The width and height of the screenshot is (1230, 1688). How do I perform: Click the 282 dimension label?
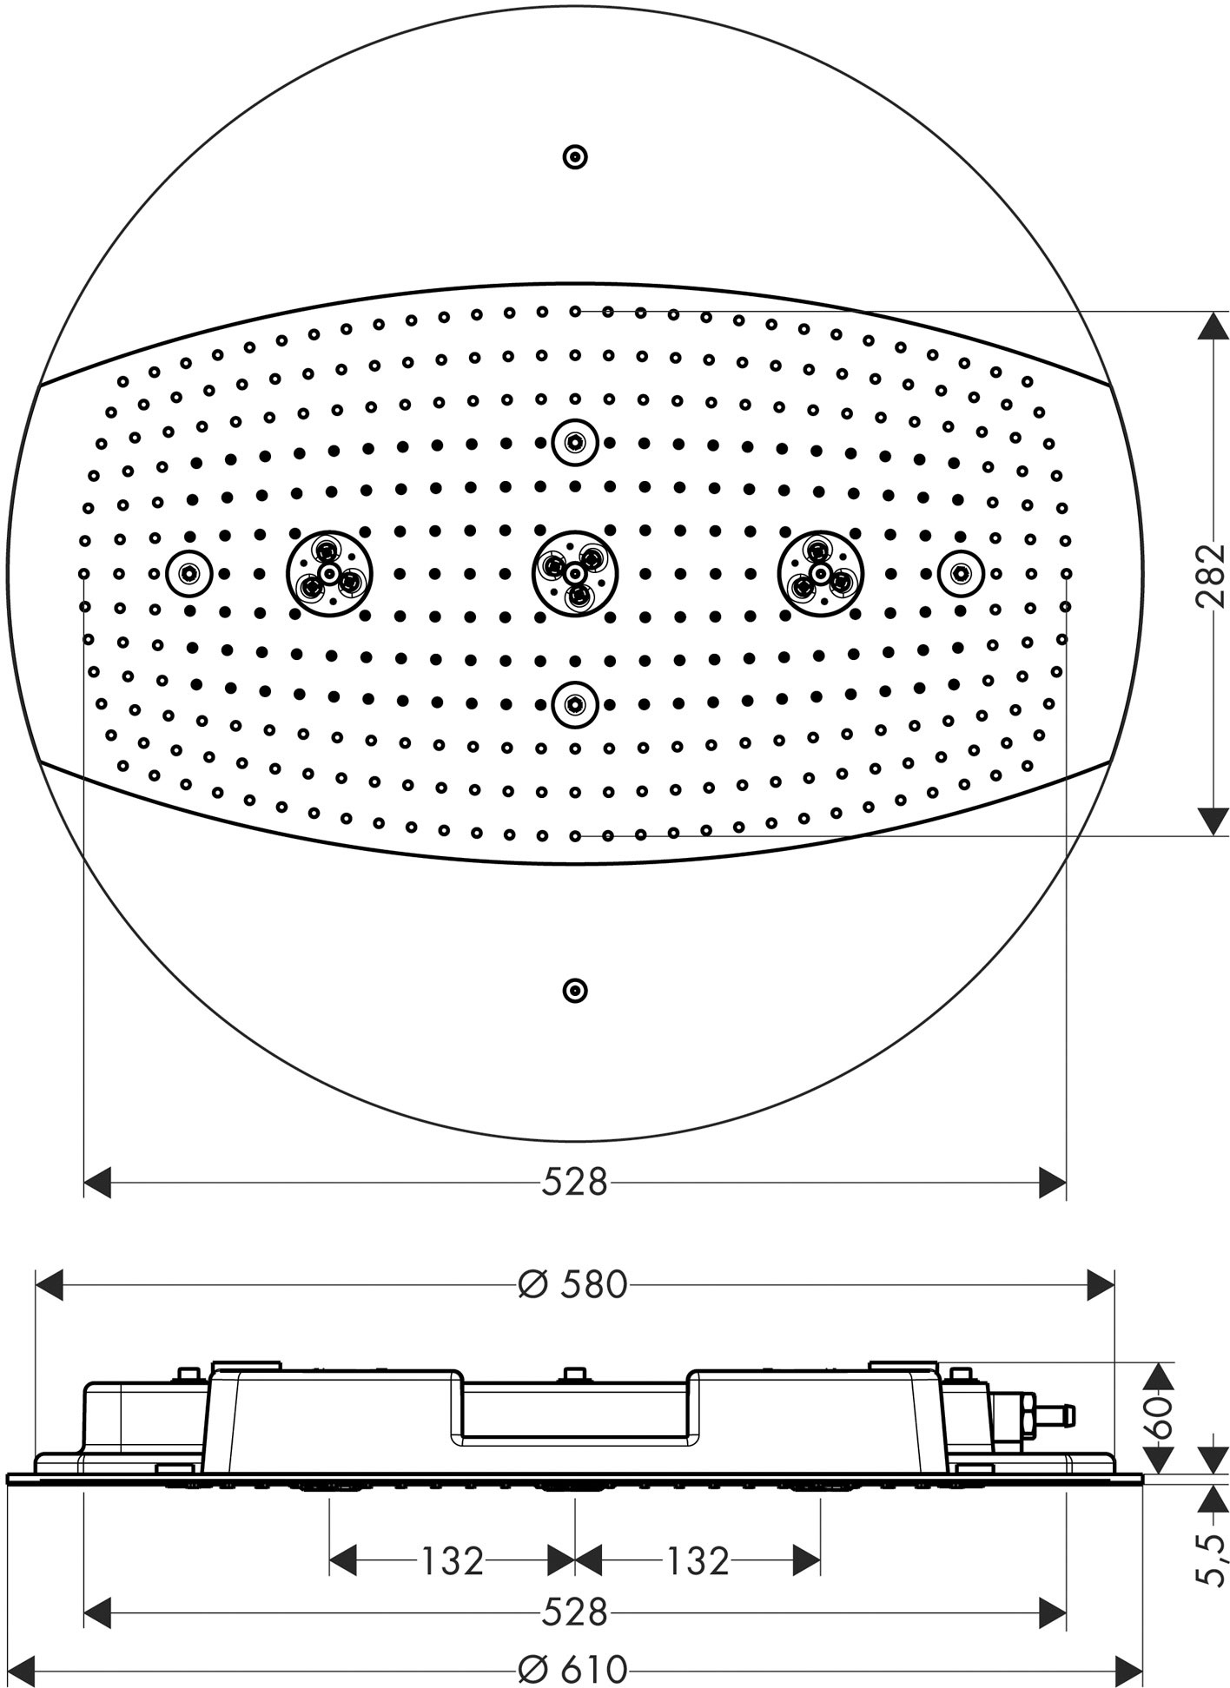click(1209, 575)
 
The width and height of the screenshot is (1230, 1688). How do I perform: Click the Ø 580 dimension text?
click(572, 1284)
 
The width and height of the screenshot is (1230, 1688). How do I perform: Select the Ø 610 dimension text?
click(572, 1670)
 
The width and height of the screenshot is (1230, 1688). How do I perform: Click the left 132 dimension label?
click(452, 1560)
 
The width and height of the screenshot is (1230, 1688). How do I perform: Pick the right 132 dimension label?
click(698, 1560)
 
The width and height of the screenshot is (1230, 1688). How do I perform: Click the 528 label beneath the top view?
click(574, 1181)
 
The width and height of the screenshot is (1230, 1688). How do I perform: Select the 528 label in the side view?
click(574, 1612)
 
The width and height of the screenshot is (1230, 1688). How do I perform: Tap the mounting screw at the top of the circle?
click(575, 157)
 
